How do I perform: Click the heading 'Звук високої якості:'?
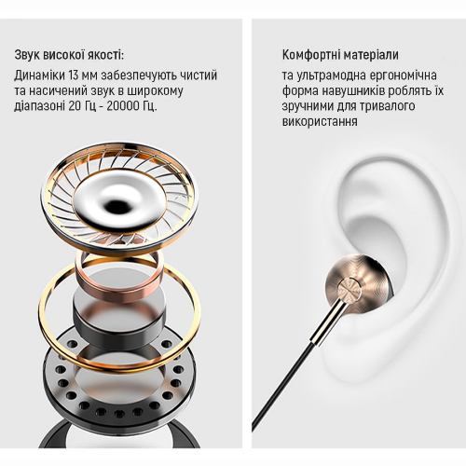point(69,55)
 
